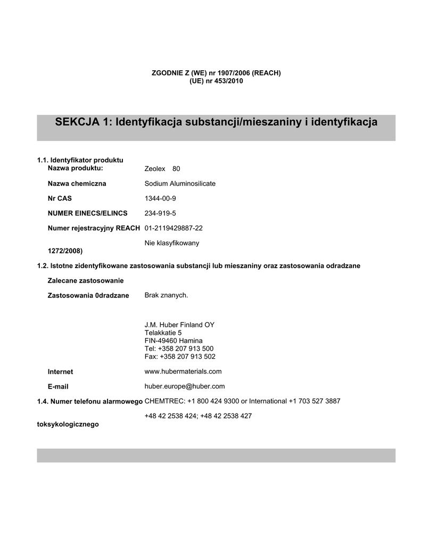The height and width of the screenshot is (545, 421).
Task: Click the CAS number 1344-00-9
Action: (160, 199)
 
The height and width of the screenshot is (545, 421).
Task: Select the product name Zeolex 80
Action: (162, 169)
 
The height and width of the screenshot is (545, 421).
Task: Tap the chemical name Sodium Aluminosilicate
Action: (180, 184)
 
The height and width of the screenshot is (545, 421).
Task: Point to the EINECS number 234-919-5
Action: (160, 213)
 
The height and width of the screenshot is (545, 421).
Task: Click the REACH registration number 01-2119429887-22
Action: (174, 228)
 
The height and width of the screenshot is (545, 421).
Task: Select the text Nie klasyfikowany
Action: (172, 243)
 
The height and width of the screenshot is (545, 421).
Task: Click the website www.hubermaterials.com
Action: (183, 371)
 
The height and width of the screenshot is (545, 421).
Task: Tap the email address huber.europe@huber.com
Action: (185, 386)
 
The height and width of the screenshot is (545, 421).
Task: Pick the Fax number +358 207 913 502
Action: (180, 357)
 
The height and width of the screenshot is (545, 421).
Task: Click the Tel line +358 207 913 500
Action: (179, 349)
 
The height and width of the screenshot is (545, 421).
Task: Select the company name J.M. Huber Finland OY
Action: (179, 325)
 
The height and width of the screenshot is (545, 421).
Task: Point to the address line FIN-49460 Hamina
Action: (174, 341)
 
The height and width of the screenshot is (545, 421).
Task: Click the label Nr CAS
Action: (60, 199)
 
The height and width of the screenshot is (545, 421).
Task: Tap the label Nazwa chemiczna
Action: (77, 184)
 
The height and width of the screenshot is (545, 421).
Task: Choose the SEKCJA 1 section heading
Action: (216, 122)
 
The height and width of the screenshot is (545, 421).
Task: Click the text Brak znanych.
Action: (166, 295)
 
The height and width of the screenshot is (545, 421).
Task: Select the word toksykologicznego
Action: (68, 425)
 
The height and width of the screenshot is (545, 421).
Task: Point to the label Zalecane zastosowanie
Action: (86, 280)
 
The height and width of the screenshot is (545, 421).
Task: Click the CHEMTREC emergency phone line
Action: (242, 401)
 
